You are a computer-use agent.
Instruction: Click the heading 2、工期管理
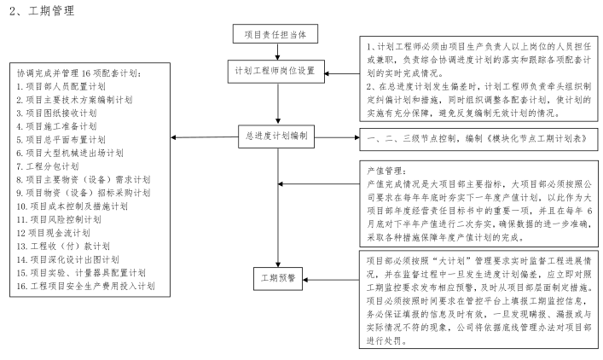click(x=41, y=10)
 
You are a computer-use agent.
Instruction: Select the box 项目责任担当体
click(x=275, y=35)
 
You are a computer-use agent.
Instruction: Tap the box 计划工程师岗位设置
click(x=275, y=71)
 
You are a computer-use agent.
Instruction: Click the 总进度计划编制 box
click(x=275, y=136)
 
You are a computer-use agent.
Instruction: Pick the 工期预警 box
click(x=275, y=278)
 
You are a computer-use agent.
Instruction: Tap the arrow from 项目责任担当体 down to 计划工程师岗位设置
click(x=275, y=53)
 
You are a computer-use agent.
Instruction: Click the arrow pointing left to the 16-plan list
click(x=205, y=137)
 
